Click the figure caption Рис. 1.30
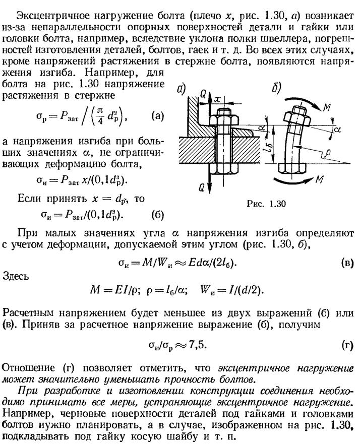click(266, 204)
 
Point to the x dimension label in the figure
click(217, 99)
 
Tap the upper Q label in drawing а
click(203, 95)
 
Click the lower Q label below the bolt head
click(201, 188)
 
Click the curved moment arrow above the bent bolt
click(303, 101)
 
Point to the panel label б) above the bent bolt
click(276, 88)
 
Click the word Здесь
click(16, 276)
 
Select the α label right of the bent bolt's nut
click(337, 129)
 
